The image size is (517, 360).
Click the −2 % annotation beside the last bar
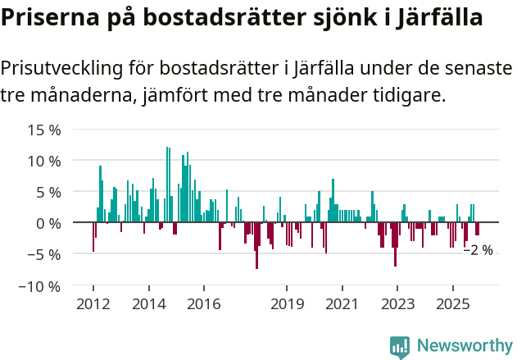478,250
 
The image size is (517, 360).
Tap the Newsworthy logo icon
400,347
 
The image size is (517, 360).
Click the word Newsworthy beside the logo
464,346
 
